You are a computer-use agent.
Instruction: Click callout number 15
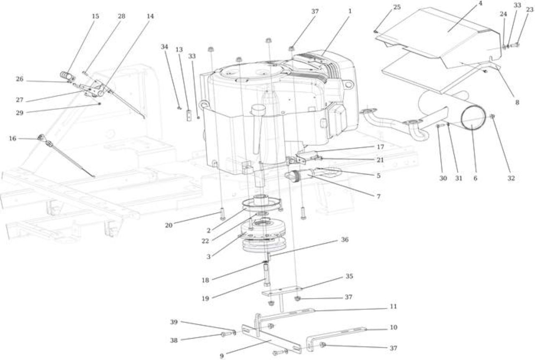tap(95, 16)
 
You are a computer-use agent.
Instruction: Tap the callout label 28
tap(121, 16)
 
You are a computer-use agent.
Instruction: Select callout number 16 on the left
tap(13, 138)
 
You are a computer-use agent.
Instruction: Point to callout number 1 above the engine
tap(350, 11)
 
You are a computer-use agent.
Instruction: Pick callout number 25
tap(397, 7)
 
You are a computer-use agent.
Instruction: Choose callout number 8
tap(517, 102)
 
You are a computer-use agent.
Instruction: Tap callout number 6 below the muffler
tap(475, 178)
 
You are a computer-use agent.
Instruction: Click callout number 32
tap(511, 178)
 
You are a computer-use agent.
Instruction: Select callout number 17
tap(380, 147)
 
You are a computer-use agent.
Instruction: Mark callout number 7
tap(379, 197)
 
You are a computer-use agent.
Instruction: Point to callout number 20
tap(168, 225)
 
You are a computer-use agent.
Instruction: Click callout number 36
tap(345, 239)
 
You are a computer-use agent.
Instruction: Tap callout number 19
tap(205, 299)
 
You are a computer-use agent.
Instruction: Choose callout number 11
tap(393, 306)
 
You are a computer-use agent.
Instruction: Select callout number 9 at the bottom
tap(222, 356)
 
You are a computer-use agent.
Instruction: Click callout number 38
tap(174, 340)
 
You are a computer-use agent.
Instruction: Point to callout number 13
tap(179, 49)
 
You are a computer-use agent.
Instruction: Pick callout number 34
tap(164, 47)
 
